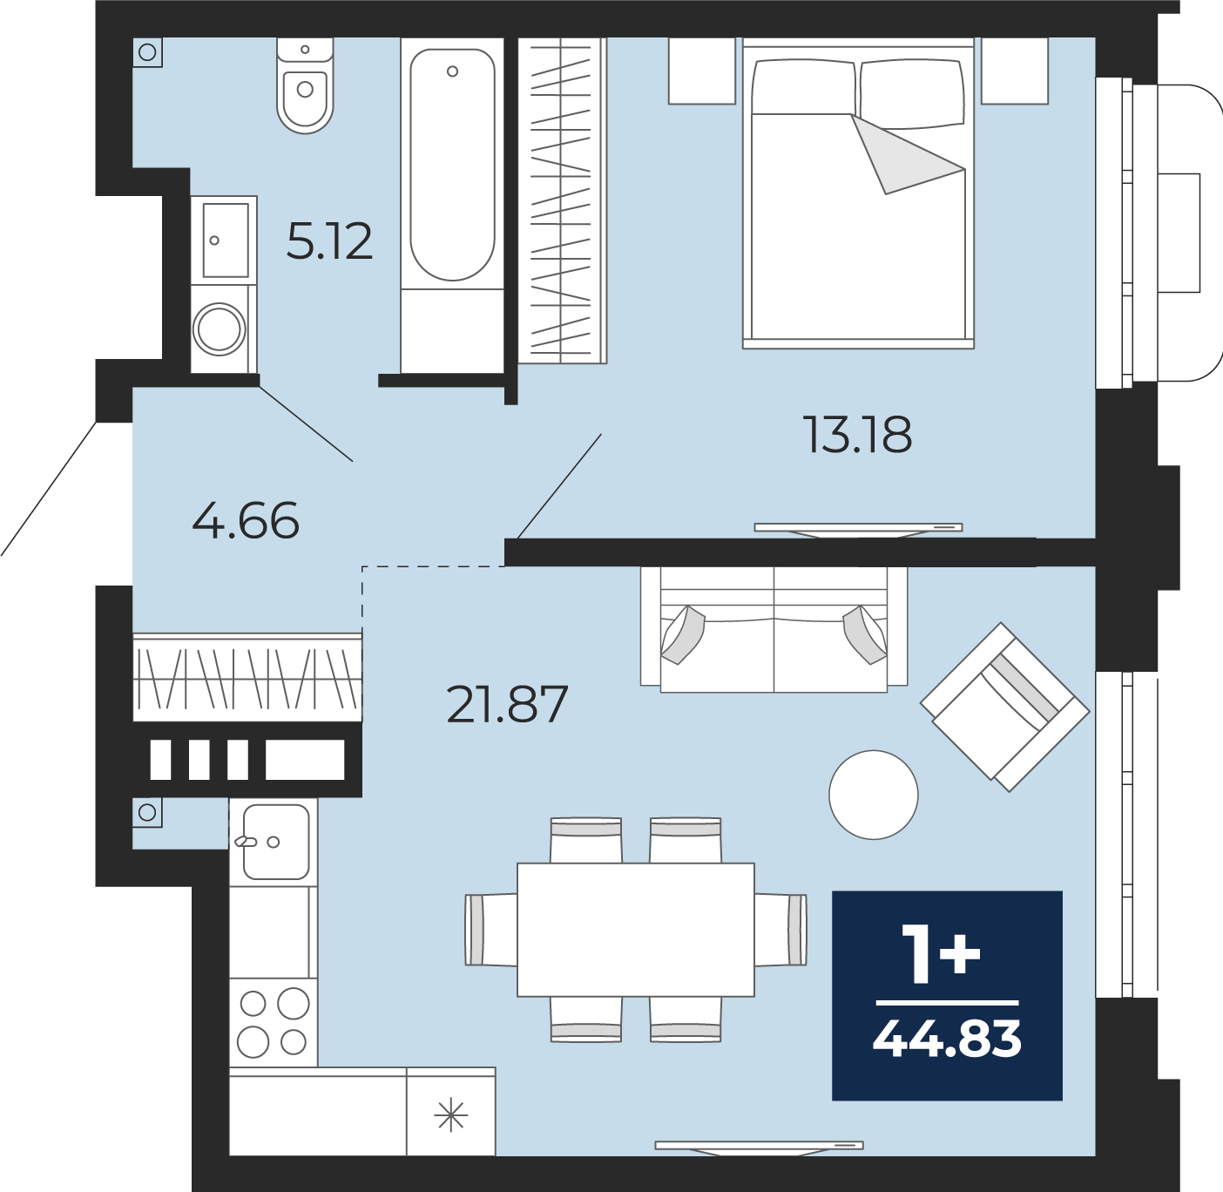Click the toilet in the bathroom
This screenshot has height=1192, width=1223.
tap(305, 85)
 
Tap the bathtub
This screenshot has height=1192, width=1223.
tap(452, 165)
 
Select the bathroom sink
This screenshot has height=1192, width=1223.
tap(225, 240)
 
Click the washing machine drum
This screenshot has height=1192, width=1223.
tap(220, 328)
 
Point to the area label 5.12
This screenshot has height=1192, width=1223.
tap(329, 241)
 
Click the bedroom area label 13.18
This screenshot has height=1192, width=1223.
tap(857, 435)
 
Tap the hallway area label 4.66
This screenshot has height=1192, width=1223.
tap(246, 520)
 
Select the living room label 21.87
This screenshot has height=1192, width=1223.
tap(507, 705)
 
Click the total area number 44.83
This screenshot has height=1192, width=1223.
tap(947, 1040)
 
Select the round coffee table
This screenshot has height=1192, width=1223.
tap(874, 795)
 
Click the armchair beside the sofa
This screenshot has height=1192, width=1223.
tap(1004, 708)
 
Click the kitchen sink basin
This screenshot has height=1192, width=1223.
tap(276, 842)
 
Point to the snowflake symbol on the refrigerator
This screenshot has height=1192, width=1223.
tap(450, 1116)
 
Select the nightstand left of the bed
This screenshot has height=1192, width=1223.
tap(701, 71)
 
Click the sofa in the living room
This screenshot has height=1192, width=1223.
tap(774, 629)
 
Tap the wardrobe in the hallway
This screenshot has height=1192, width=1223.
tap(247, 677)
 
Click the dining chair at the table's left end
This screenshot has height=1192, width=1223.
tap(490, 930)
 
